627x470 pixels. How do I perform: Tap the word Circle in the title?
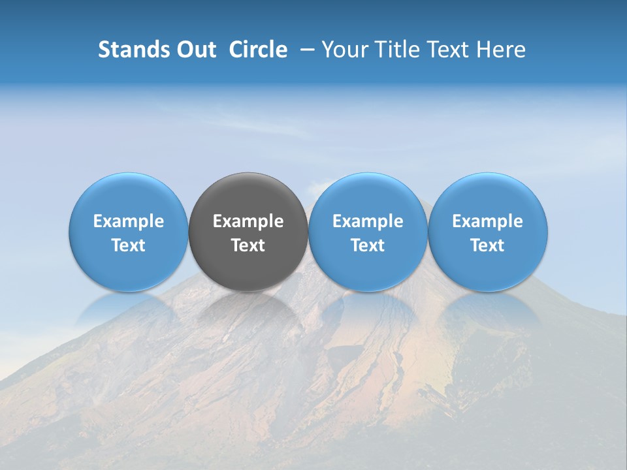258,50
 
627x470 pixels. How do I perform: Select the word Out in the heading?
195,50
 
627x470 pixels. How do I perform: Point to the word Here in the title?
502,50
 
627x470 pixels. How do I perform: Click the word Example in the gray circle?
248,222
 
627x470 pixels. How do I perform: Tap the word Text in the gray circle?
248,246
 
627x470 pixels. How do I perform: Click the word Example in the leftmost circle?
129,222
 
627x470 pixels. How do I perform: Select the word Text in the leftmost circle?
129,246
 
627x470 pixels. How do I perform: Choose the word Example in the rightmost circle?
488,222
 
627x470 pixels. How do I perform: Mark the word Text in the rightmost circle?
488,246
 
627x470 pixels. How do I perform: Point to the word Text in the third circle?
368,246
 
